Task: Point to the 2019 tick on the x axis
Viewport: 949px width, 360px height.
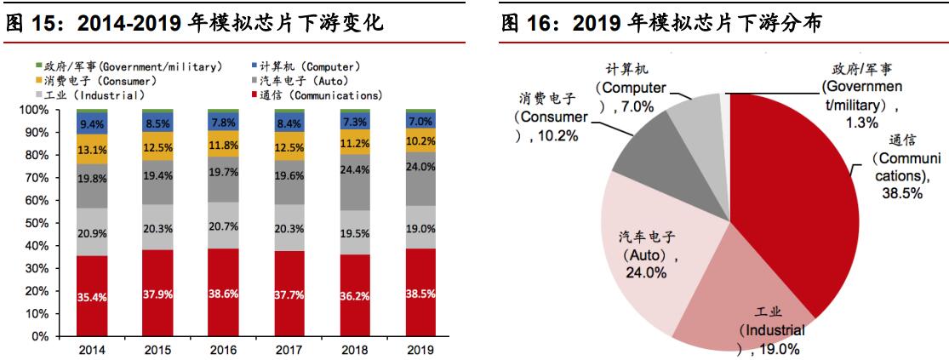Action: (x=421, y=349)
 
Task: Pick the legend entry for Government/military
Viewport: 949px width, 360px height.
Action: (x=132, y=66)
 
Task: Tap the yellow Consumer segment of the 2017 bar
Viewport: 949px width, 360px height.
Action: (x=289, y=148)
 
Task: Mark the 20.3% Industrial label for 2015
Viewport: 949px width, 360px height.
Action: (x=157, y=227)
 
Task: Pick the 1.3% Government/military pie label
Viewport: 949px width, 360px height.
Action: (x=863, y=122)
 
